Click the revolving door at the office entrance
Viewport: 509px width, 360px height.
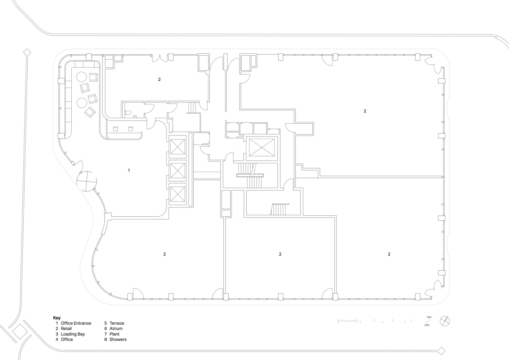[x=86, y=181]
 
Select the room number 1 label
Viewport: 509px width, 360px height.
[x=129, y=170]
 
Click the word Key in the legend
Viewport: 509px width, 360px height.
[x=57, y=318]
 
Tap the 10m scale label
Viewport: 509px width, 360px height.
[x=429, y=317]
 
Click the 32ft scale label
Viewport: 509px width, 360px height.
[x=427, y=325]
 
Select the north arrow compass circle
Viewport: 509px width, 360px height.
[x=445, y=321]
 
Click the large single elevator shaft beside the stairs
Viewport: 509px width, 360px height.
[x=262, y=148]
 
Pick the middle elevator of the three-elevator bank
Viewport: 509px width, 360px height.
[x=178, y=171]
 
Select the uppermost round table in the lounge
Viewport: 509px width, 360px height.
[x=81, y=77]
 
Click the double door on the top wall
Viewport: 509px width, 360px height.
[x=160, y=58]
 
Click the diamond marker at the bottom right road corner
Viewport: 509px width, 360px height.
[x=441, y=357]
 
